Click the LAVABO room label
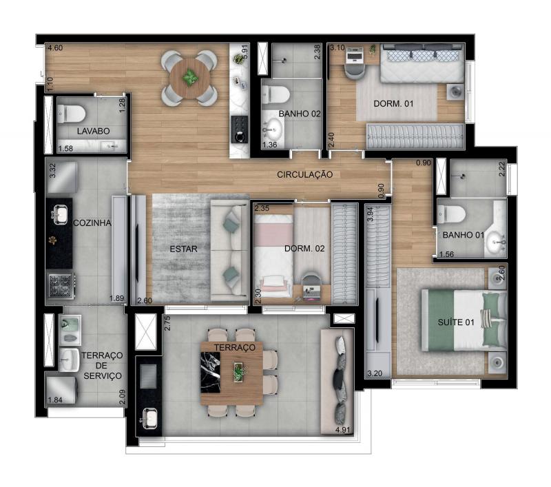click(94, 131)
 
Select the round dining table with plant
click(190, 79)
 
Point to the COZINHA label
click(92, 222)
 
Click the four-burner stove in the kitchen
click(61, 285)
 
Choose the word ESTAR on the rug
click(183, 249)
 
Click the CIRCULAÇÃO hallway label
click(304, 174)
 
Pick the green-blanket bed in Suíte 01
click(464, 320)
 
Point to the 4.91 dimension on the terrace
click(343, 430)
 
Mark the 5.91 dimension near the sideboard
click(245, 51)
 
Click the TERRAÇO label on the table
click(235, 347)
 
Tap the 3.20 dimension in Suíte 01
click(375, 373)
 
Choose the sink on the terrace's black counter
click(150, 417)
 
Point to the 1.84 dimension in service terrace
click(55, 400)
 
